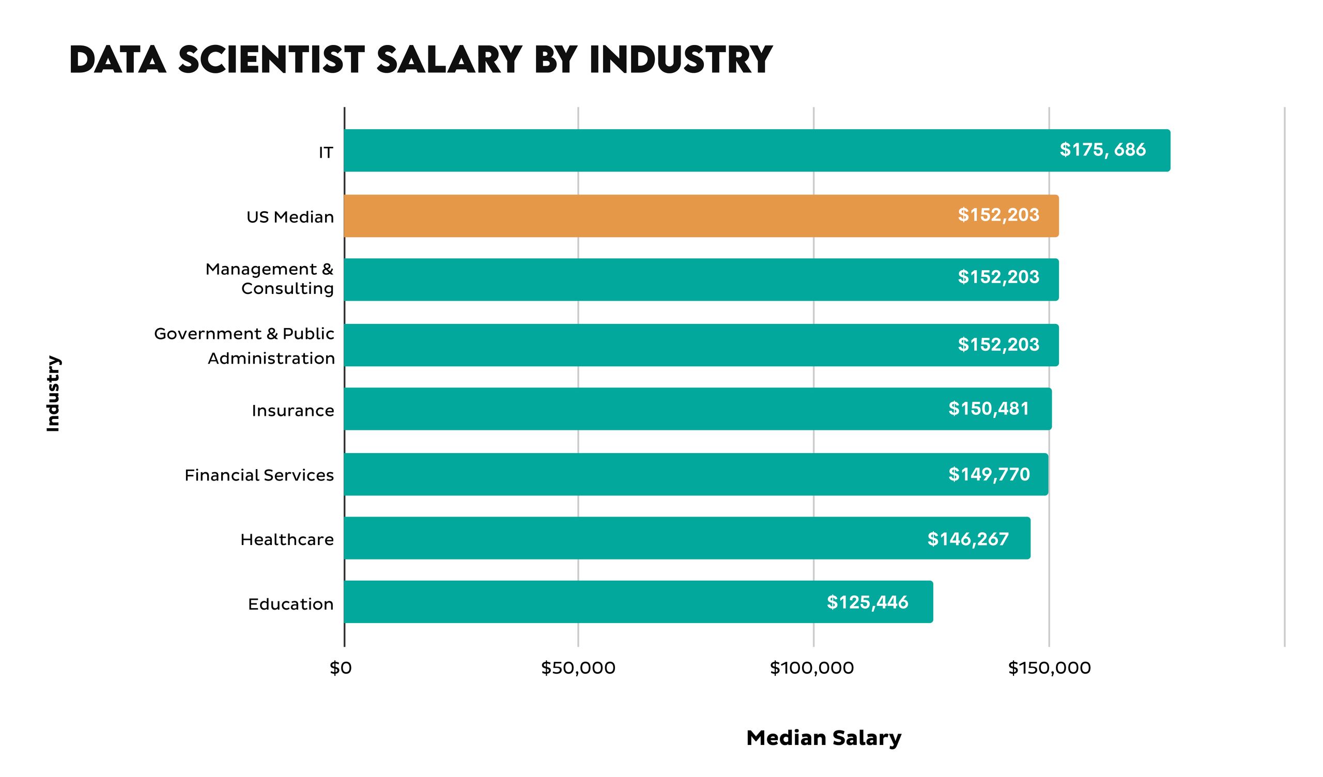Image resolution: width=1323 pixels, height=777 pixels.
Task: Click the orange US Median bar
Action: pos(701,216)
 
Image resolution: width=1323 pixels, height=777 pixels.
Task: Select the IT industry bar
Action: pos(756,150)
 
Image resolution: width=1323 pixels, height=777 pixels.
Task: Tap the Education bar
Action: pos(638,602)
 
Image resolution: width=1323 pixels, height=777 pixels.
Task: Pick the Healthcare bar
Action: pos(687,538)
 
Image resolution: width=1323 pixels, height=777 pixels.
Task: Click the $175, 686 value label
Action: pos(1102,150)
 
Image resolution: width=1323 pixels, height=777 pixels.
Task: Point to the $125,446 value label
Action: pos(867,602)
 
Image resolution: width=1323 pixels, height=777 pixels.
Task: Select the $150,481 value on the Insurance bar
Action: pos(989,409)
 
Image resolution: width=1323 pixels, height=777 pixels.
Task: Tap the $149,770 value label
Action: pos(989,474)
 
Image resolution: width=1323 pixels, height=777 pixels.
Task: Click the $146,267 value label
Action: pos(968,539)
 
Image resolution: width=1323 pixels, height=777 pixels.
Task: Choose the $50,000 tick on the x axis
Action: pos(578,668)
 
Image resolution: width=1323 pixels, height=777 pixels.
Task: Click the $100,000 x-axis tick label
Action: pos(812,668)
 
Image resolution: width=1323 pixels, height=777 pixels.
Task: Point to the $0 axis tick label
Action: pos(341,668)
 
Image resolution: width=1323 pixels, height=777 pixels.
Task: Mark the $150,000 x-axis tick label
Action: pos(1049,668)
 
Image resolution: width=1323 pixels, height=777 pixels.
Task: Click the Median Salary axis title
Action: pos(824,738)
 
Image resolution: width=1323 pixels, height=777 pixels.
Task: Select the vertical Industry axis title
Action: pos(53,393)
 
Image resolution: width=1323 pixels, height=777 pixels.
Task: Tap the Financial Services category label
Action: pos(259,475)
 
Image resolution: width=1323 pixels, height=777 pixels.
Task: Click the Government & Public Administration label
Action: pos(244,346)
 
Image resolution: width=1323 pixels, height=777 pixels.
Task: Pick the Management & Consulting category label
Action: pos(269,279)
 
